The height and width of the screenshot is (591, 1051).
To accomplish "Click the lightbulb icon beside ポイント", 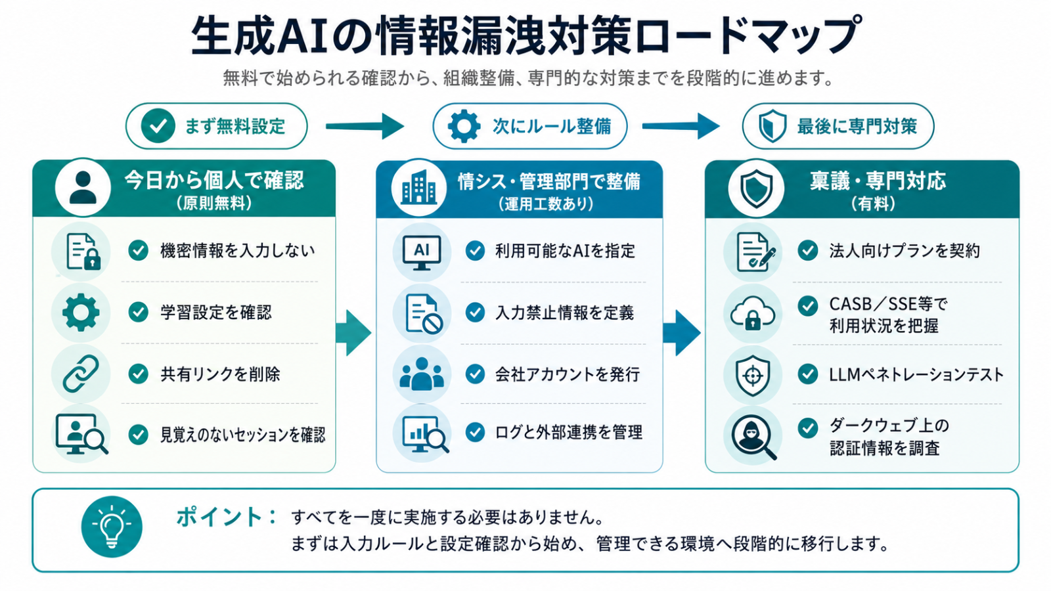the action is [x=112, y=527].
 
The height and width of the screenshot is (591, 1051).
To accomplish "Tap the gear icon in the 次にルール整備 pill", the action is [x=464, y=126].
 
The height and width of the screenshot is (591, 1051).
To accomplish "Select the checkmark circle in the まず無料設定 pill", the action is [x=158, y=125].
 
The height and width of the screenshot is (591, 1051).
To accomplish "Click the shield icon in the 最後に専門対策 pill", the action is [x=772, y=126].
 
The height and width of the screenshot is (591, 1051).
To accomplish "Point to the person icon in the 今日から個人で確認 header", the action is [x=83, y=187].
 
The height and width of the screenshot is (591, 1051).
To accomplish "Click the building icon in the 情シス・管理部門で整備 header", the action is [x=418, y=188].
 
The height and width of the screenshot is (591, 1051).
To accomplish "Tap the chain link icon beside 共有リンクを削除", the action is [x=81, y=374].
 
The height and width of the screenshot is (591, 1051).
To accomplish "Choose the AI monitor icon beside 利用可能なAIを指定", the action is [x=421, y=252].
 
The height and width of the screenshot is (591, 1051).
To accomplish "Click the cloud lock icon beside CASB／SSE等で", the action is [x=753, y=313].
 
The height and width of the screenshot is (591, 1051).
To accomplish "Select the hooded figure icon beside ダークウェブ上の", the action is [x=753, y=437].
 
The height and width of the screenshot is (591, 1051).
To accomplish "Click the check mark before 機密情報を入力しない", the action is [x=139, y=250].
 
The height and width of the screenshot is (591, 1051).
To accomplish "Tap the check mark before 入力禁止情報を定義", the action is [x=475, y=313].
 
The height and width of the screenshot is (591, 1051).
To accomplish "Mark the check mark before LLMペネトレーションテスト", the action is [x=807, y=374].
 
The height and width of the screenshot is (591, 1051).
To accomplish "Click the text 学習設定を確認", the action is [x=216, y=313].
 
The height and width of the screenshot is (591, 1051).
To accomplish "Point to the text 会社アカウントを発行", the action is [x=568, y=374].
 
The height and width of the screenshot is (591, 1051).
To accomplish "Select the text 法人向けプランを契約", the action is [x=904, y=251].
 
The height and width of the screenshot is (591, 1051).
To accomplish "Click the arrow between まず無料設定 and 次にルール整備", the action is [x=365, y=126].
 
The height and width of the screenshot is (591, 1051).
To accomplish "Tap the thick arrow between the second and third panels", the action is [x=682, y=332].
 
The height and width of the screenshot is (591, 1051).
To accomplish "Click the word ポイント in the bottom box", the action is [x=219, y=517].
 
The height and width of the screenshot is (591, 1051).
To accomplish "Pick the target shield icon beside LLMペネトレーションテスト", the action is [x=753, y=375].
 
